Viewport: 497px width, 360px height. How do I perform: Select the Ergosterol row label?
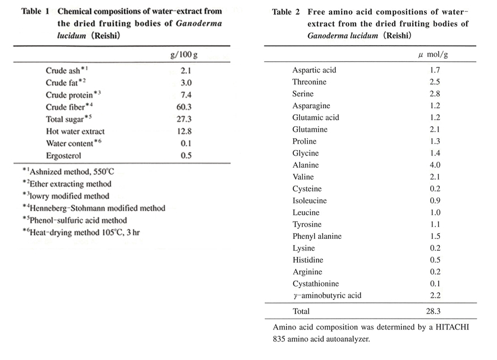click(65, 155)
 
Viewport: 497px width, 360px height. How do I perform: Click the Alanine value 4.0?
click(435, 165)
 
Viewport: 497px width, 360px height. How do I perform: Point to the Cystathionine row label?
click(316, 284)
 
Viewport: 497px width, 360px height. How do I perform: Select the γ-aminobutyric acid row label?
click(327, 295)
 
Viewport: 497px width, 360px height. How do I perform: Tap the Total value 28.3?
click(435, 311)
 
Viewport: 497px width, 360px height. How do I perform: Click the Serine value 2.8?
click(435, 94)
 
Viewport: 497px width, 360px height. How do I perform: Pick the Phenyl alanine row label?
click(317, 236)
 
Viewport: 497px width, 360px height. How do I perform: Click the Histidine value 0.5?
click(435, 260)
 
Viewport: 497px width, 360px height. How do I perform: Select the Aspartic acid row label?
click(314, 70)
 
